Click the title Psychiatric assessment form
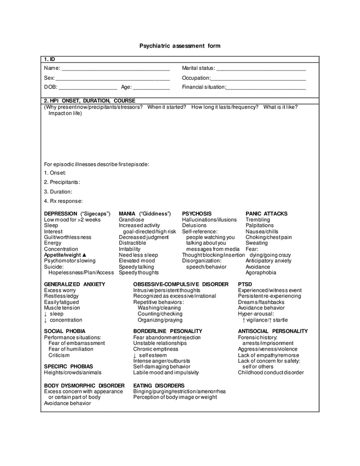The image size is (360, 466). (180, 46)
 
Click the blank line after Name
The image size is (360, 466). (116, 69)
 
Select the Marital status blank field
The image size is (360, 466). (261, 69)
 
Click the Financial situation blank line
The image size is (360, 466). (266, 88)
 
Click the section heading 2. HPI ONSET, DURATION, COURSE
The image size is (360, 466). (90, 100)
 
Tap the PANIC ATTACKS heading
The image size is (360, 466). (266, 214)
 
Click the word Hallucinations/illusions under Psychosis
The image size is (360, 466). (209, 220)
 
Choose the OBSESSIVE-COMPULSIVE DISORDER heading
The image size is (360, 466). (180, 284)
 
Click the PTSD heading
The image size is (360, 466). (245, 284)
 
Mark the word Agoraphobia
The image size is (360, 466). (261, 273)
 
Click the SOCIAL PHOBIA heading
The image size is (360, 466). (65, 331)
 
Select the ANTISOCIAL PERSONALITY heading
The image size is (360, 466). (272, 331)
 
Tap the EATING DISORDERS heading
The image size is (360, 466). (159, 386)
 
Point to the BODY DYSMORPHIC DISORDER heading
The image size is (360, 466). (84, 386)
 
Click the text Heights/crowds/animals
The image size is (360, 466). (73, 373)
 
